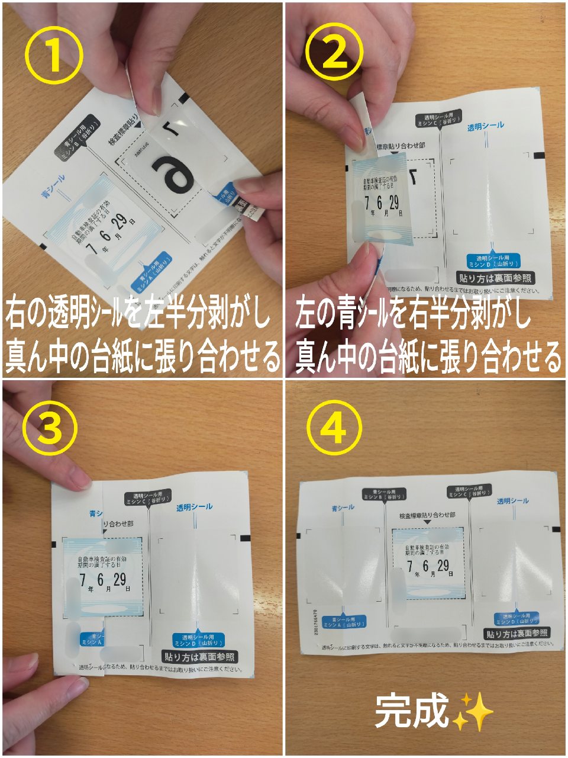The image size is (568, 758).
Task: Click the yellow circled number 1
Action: click(54, 56)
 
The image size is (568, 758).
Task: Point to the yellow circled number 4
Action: click(334, 428)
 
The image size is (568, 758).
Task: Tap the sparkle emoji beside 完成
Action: click(473, 711)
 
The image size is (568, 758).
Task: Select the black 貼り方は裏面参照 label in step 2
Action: click(494, 278)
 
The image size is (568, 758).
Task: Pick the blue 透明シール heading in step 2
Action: click(486, 126)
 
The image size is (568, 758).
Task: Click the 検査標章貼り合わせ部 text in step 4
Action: click(424, 516)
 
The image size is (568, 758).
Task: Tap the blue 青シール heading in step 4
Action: click(343, 508)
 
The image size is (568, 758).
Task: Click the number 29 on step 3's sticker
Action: click(120, 579)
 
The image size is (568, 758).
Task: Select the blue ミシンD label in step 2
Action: click(493, 261)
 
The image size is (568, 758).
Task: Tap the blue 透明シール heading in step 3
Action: click(194, 508)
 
